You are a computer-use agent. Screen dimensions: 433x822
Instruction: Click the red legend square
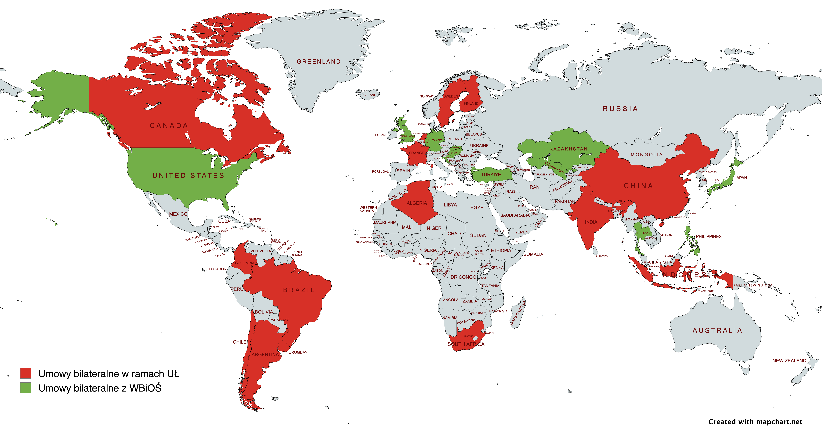pyautogui.click(x=26, y=373)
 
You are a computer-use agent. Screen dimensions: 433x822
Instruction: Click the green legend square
pyautogui.click(x=26, y=388)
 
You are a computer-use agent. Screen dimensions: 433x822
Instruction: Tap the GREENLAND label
pyautogui.click(x=318, y=62)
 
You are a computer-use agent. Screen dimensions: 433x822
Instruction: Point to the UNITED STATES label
pyautogui.click(x=188, y=175)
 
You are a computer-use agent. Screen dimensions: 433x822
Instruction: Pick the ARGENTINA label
pyautogui.click(x=265, y=354)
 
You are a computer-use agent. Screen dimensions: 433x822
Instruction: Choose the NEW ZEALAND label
pyautogui.click(x=789, y=361)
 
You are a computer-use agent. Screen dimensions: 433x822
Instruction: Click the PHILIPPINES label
pyautogui.click(x=708, y=236)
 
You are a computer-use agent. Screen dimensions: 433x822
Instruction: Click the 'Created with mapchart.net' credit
pyautogui.click(x=755, y=422)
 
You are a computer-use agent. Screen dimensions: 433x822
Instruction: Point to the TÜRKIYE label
pyautogui.click(x=491, y=175)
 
